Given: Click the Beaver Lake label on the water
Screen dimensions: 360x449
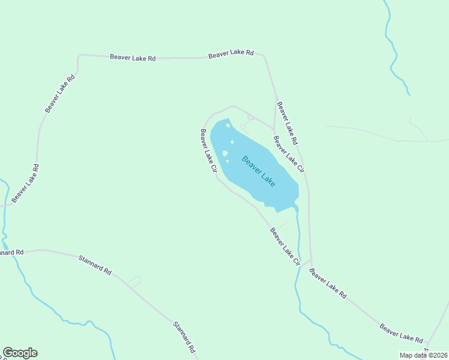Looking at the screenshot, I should (x=259, y=171).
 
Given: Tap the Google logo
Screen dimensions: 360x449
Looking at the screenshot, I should (x=20, y=353).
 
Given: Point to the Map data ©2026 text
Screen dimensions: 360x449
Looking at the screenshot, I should (x=423, y=355).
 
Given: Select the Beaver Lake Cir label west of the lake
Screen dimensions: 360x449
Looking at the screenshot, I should (x=208, y=151).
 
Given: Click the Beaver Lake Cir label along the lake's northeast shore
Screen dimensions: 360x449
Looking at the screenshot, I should (x=289, y=154).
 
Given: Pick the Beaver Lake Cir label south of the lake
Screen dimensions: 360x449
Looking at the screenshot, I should (x=285, y=246).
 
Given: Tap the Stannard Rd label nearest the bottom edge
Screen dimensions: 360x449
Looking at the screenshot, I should (x=184, y=337).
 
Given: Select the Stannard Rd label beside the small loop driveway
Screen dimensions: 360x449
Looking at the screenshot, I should (x=95, y=265).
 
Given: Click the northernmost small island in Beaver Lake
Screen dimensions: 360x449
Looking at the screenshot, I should (x=228, y=125).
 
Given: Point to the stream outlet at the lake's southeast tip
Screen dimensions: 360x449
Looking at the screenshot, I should (x=295, y=208).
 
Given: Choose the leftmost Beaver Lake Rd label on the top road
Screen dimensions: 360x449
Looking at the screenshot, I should (x=133, y=58).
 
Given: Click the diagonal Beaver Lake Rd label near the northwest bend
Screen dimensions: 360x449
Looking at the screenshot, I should (x=60, y=93).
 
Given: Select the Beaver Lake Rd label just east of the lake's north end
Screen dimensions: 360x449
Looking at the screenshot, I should (x=287, y=123).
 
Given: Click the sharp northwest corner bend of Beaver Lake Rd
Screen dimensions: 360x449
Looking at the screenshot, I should (x=79, y=56).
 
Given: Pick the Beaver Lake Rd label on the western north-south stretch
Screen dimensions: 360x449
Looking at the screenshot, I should (x=25, y=182).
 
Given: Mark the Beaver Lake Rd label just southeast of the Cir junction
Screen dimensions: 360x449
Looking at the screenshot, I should (x=328, y=283).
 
